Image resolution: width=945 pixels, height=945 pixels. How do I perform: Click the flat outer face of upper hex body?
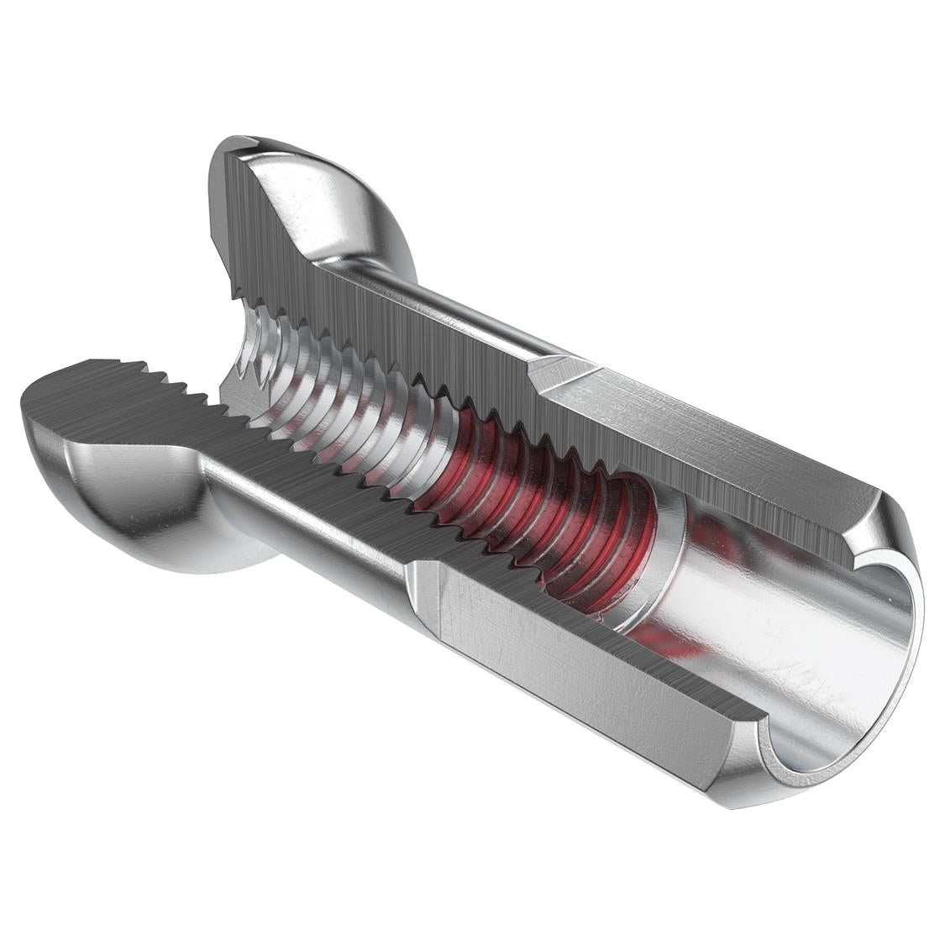pyautogui.click(x=714, y=428)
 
